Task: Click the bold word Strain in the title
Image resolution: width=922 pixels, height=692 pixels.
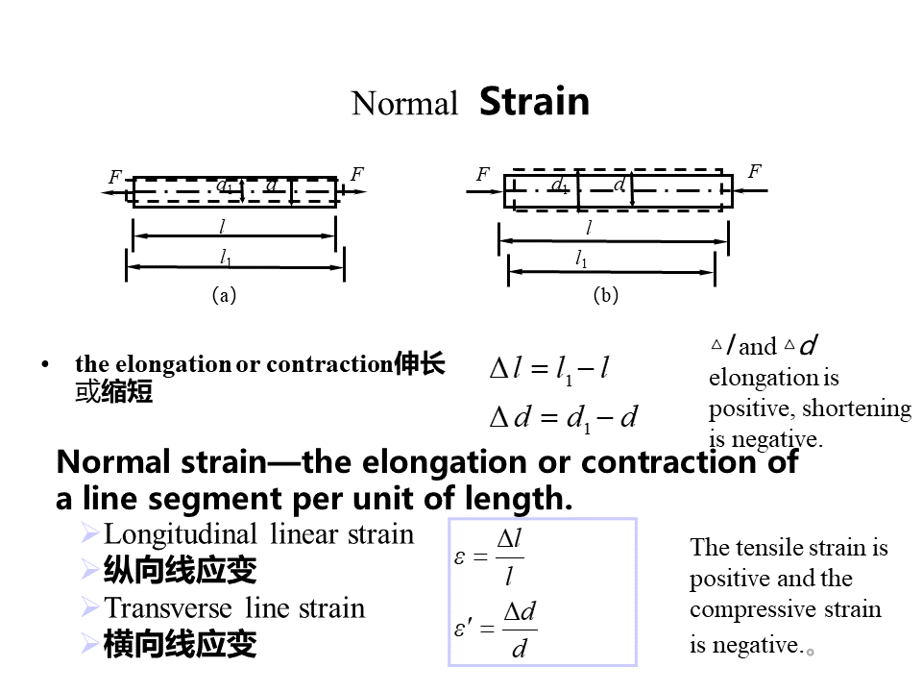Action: tap(534, 101)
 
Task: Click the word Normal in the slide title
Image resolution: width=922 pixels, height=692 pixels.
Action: tap(404, 104)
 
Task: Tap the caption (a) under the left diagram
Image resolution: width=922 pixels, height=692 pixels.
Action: tap(224, 296)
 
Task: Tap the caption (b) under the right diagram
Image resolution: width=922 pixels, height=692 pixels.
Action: tap(606, 296)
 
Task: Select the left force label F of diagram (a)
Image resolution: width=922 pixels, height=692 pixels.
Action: tap(114, 178)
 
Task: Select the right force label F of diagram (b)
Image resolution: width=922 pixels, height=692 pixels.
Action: tap(755, 172)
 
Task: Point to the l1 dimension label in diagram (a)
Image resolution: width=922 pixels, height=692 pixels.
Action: tap(226, 258)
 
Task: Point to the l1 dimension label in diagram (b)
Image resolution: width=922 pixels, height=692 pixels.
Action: tap(582, 259)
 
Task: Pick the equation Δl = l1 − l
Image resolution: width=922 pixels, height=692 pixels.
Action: tap(549, 369)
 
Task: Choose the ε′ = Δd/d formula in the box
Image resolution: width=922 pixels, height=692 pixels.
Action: tap(495, 630)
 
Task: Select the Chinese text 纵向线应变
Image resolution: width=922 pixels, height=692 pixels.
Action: tap(180, 571)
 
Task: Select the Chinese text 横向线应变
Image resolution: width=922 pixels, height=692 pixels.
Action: tap(180, 644)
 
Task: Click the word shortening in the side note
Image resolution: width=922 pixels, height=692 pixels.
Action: tap(857, 408)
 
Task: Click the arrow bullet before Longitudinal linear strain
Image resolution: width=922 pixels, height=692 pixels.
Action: tap(91, 532)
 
